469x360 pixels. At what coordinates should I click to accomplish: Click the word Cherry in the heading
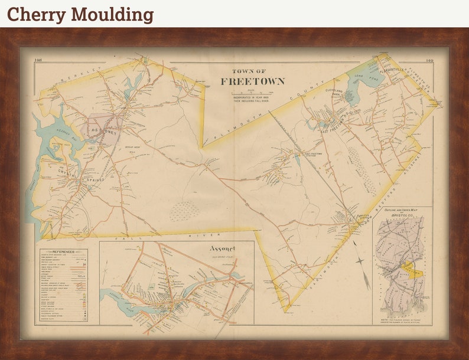(33, 14)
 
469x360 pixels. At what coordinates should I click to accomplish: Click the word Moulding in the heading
(109, 14)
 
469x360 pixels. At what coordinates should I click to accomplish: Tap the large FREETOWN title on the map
(252, 81)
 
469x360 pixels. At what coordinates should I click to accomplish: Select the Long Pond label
(360, 77)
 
